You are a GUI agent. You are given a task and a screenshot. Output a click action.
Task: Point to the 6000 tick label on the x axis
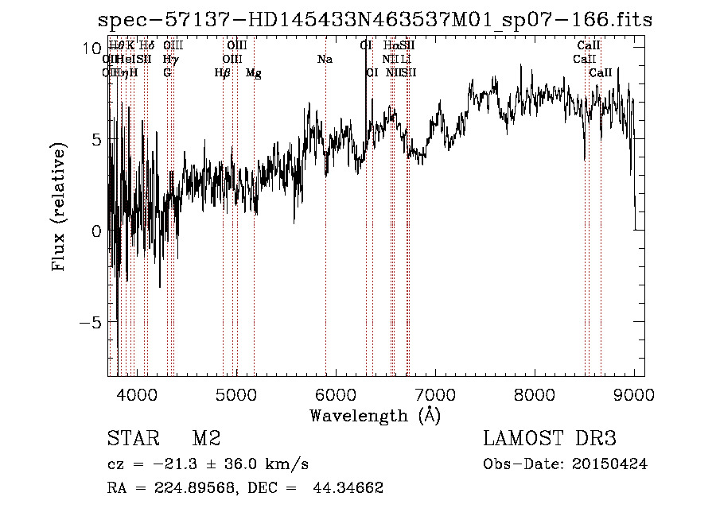click(336, 394)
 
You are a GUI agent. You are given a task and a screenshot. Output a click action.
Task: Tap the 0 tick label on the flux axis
click(96, 231)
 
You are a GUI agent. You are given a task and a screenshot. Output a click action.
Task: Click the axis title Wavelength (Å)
click(376, 415)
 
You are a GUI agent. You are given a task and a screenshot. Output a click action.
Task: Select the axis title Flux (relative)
click(60, 207)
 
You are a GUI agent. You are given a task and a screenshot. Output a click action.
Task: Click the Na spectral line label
click(325, 60)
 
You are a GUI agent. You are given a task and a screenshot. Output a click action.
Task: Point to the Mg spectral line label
click(253, 73)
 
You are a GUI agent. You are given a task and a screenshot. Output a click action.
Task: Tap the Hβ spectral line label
click(222, 73)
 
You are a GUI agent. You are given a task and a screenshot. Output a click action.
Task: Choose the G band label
click(167, 73)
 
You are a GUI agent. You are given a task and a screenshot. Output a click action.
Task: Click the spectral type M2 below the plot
click(206, 439)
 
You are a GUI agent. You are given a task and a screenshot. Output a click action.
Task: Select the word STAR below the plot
click(132, 439)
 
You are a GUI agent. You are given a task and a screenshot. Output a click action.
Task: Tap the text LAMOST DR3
click(550, 439)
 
